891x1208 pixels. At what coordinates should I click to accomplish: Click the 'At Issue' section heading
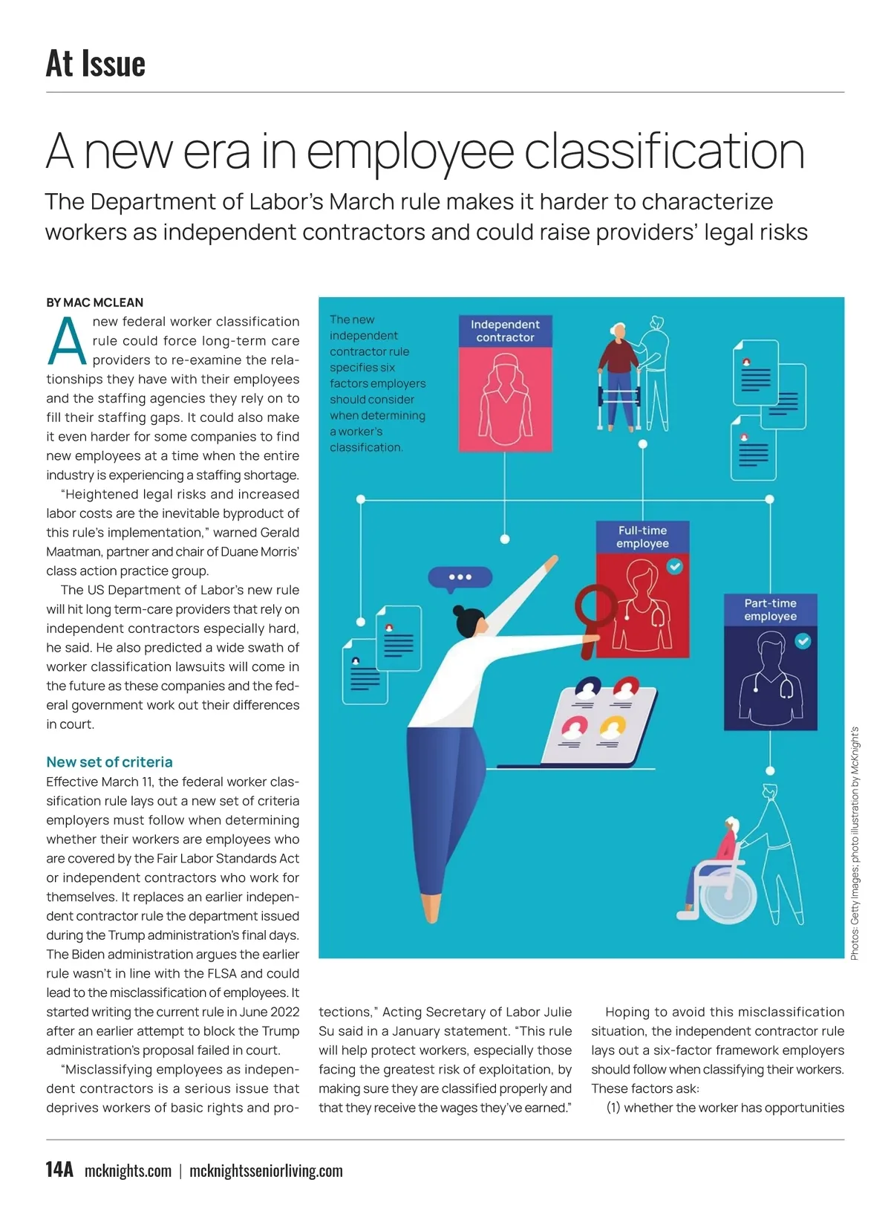point(96,63)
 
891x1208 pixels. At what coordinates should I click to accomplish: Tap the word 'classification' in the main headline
point(665,151)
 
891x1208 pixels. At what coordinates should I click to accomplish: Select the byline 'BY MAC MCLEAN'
point(94,302)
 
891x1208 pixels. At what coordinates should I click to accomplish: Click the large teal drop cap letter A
point(67,342)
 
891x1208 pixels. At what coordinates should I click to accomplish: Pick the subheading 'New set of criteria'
point(109,762)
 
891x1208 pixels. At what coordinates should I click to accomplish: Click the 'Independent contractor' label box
point(505,331)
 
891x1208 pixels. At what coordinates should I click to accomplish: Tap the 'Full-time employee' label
point(642,536)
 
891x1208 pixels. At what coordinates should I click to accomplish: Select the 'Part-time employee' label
point(770,609)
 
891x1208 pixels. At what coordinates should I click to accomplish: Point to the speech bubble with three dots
point(460,577)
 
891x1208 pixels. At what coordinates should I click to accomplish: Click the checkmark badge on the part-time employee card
point(803,640)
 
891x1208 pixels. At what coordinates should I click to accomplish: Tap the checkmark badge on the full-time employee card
point(674,567)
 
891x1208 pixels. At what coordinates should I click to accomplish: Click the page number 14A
point(59,1169)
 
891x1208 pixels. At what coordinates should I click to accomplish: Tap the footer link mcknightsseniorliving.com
point(266,1171)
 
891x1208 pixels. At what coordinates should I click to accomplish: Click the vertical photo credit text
point(855,843)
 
